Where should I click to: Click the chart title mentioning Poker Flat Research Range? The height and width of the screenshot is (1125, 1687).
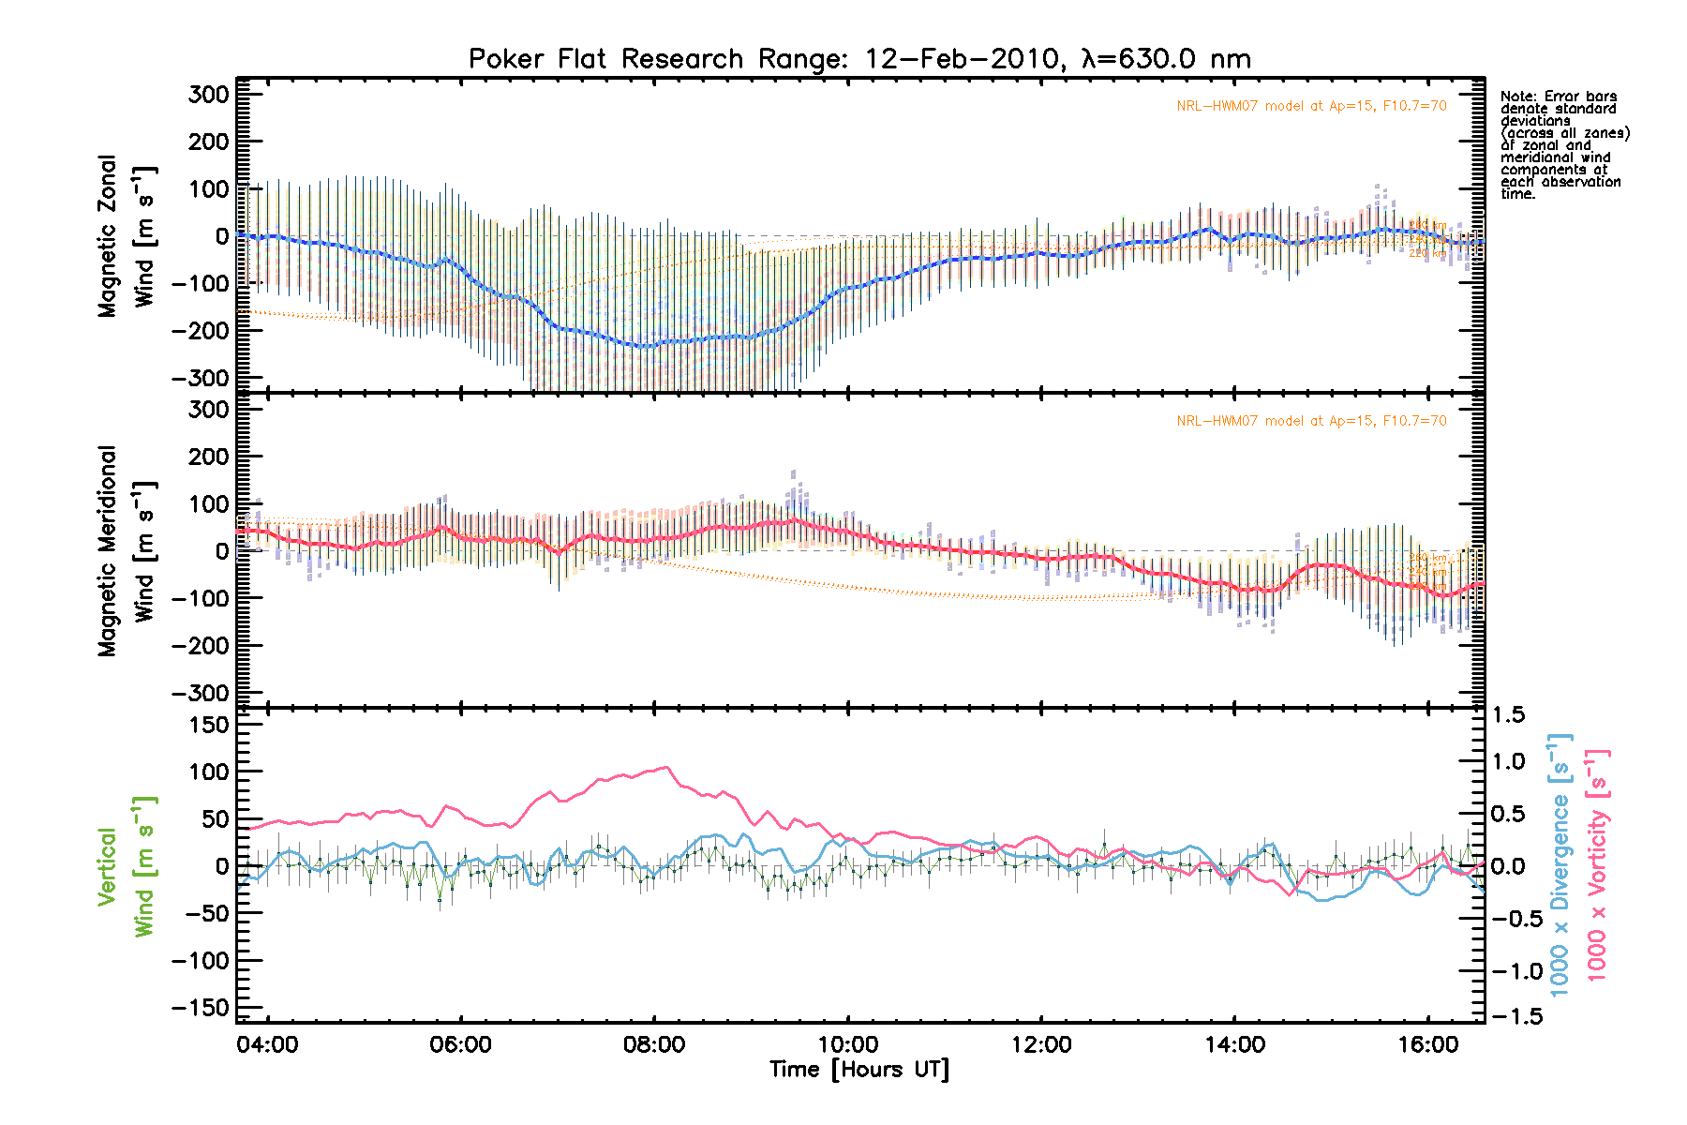859,59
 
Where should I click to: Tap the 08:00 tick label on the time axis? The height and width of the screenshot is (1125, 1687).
654,1045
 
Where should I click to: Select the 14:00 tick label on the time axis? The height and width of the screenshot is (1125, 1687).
1234,1045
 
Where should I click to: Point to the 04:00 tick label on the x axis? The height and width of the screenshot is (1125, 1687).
267,1045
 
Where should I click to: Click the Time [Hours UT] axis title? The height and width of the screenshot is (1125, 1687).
859,1070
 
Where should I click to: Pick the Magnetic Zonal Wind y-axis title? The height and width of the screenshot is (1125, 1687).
126,236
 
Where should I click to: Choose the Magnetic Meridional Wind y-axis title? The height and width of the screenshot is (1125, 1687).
126,551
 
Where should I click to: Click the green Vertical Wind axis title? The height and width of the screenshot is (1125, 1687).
126,866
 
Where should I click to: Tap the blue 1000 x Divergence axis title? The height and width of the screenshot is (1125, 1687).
1560,866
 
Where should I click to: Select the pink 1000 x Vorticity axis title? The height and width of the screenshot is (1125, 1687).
1597,866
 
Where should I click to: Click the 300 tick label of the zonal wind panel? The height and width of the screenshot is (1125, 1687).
208,95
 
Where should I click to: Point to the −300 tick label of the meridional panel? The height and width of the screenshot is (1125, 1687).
201,693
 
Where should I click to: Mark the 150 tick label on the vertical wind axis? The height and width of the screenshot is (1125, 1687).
208,725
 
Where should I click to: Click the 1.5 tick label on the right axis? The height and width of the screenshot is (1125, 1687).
1508,715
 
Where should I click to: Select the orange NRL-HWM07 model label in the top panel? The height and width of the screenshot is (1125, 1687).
1311,106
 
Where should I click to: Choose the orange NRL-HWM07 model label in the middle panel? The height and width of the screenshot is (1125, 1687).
1311,421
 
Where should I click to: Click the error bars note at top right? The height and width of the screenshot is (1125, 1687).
1564,145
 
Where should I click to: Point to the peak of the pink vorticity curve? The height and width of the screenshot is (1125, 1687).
666,767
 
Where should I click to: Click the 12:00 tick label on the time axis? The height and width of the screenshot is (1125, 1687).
1041,1045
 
